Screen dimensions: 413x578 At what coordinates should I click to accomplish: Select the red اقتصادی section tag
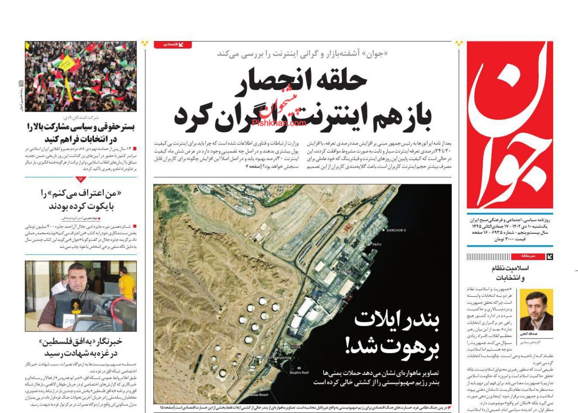click(x=172, y=44)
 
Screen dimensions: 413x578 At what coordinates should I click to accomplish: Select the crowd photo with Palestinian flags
click(x=81, y=76)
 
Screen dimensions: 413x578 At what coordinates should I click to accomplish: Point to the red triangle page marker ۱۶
click(x=80, y=179)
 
